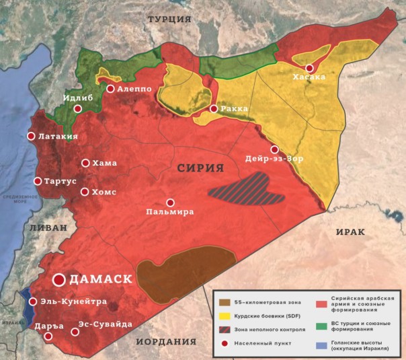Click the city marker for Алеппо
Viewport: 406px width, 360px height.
110,88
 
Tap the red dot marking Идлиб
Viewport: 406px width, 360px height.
78,108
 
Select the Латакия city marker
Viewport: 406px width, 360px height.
31,136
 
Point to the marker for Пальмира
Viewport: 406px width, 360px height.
171,202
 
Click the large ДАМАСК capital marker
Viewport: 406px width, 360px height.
60,279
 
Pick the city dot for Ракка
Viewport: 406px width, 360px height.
214,108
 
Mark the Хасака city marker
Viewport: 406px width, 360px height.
309,68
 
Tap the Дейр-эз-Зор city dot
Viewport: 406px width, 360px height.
274,149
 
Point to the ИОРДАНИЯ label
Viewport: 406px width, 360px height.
166,342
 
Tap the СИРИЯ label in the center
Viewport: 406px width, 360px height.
200,169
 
